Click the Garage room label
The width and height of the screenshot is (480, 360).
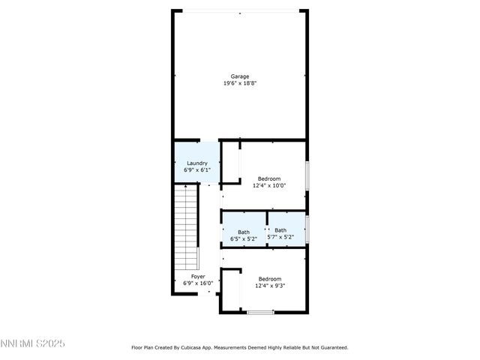240,76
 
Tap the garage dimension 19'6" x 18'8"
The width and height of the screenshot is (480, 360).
240,83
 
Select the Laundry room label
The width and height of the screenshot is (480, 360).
197,163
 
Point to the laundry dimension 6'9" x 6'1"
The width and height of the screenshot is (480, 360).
197,170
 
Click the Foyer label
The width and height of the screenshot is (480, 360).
198,277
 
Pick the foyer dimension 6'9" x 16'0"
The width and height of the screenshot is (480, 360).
198,283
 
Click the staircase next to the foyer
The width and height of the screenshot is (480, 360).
185,228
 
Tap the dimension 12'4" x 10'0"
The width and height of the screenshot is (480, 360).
269,185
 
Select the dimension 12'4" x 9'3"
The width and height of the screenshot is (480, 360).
269,285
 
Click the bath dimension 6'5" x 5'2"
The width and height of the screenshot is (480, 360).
244,238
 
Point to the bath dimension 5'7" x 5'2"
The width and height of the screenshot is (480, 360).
280,237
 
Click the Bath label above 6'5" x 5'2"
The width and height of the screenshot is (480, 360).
244,232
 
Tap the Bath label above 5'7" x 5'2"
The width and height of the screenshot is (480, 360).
280,230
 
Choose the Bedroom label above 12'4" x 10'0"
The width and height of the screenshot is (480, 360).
269,178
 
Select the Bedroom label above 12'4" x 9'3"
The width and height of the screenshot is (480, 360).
269,278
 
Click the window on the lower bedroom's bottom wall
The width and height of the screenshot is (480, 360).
260,312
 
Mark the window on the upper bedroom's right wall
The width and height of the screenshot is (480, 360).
306,175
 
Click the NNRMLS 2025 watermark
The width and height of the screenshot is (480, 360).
33,344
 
